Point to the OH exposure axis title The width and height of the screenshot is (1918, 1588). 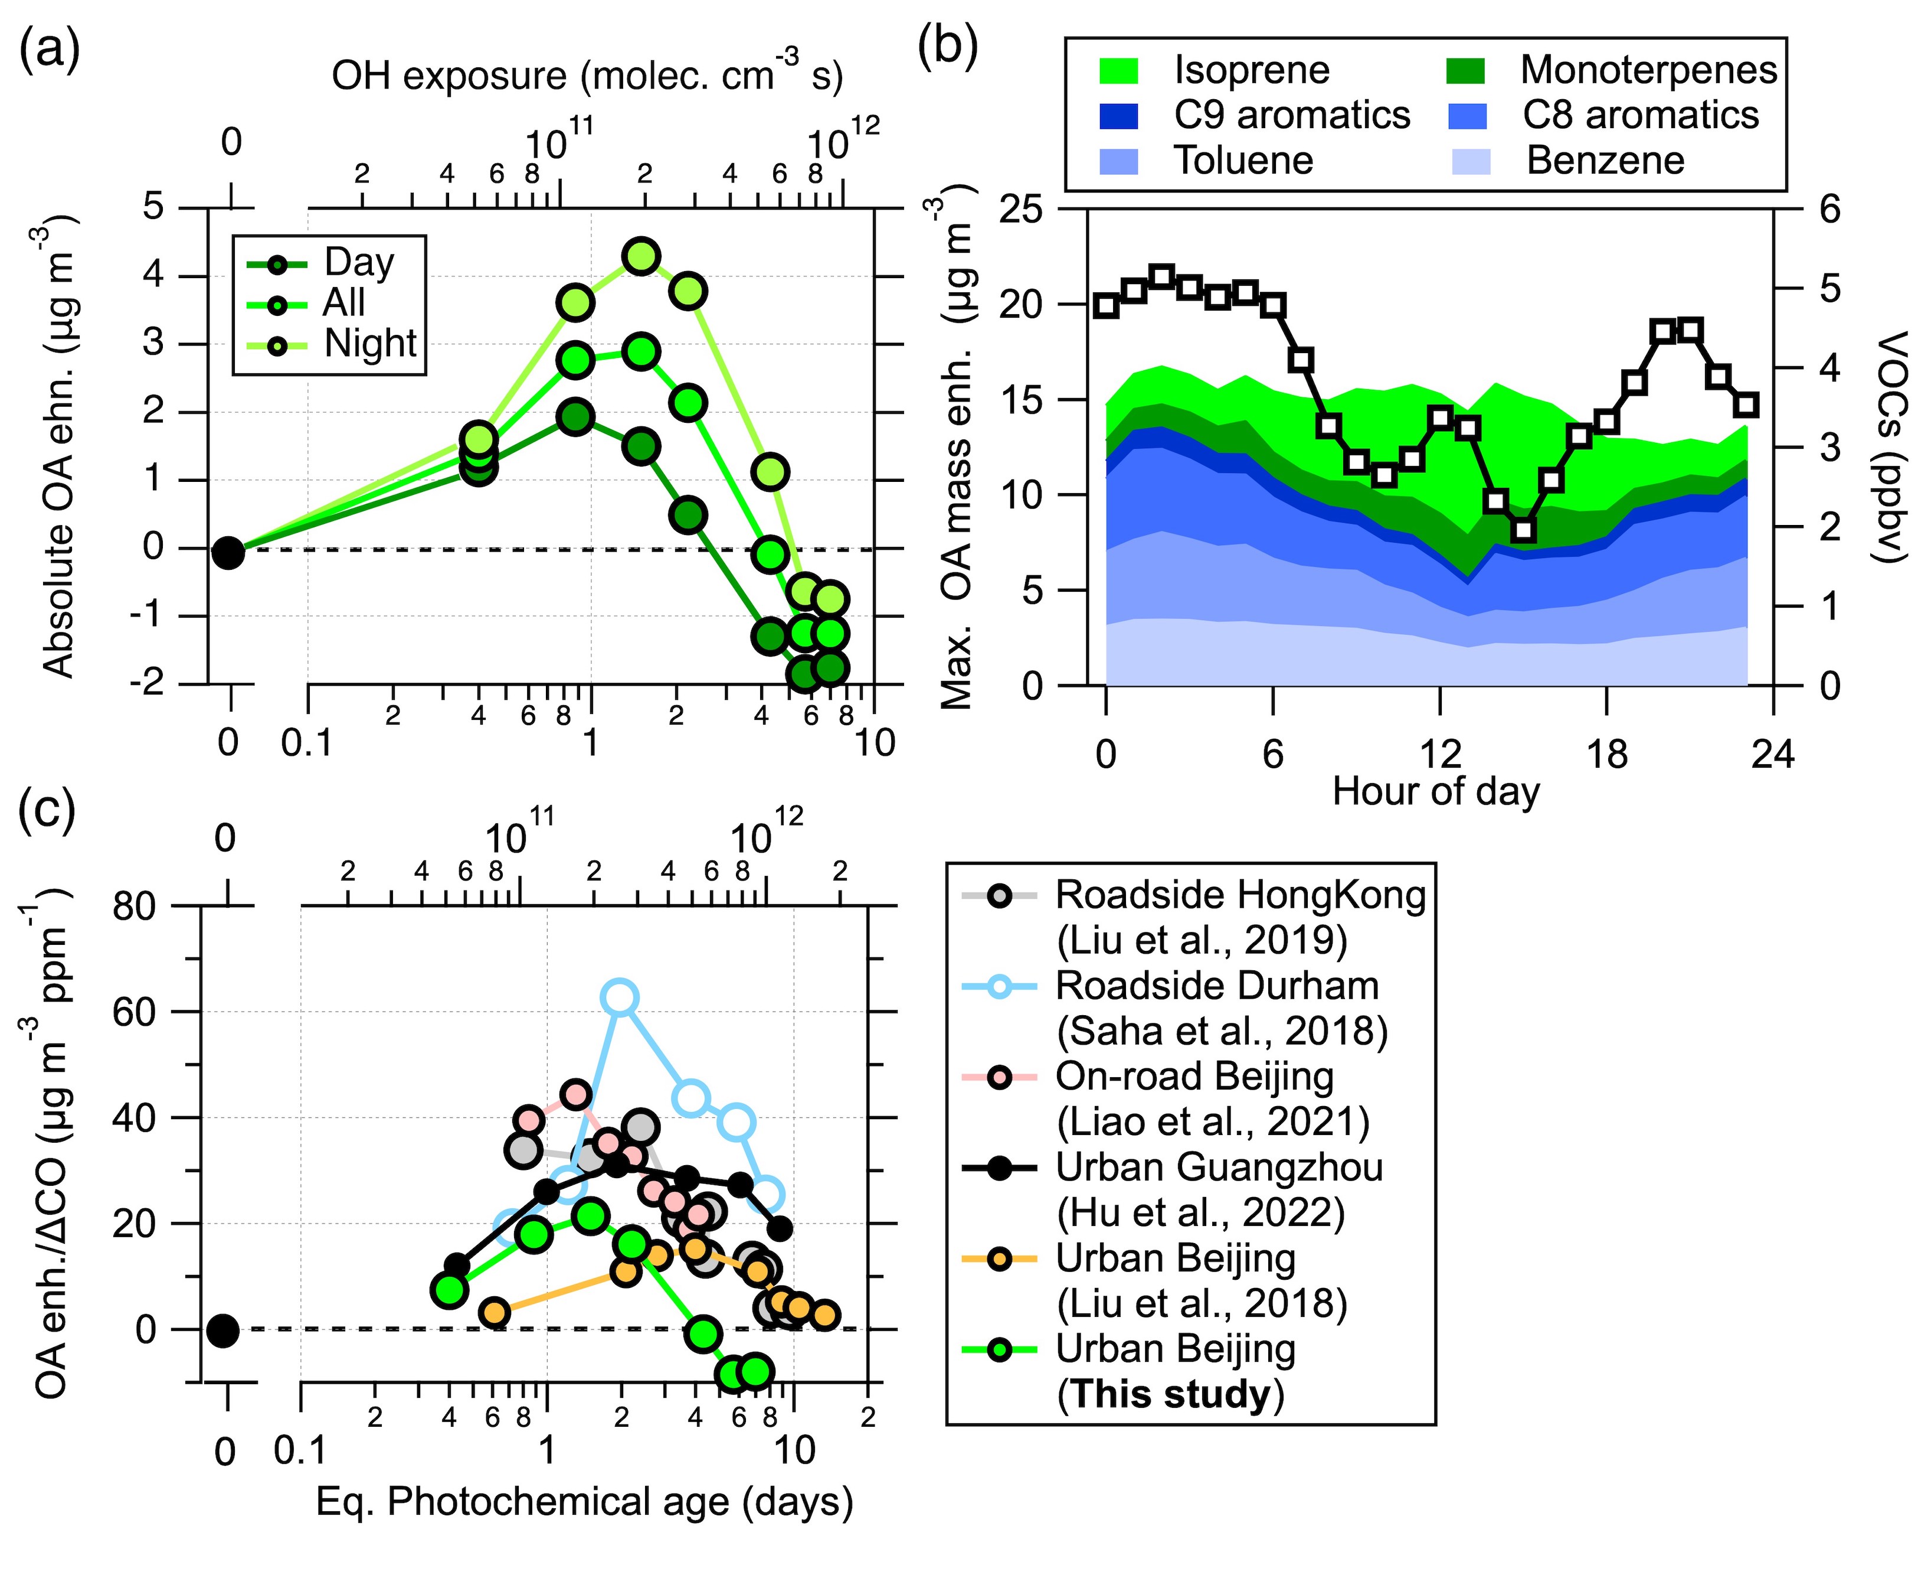point(587,75)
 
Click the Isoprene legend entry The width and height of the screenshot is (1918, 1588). point(1251,70)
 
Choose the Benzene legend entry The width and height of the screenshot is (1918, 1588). point(1605,161)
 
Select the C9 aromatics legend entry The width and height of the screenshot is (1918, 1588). point(1291,115)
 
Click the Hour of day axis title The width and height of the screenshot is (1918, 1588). point(1436,791)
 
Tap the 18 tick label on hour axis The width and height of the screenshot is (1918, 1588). point(1606,755)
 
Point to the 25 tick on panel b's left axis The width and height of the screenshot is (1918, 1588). point(1021,210)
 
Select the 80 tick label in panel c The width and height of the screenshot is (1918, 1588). point(135,907)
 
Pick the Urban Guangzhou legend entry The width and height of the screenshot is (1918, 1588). point(1219,1168)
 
